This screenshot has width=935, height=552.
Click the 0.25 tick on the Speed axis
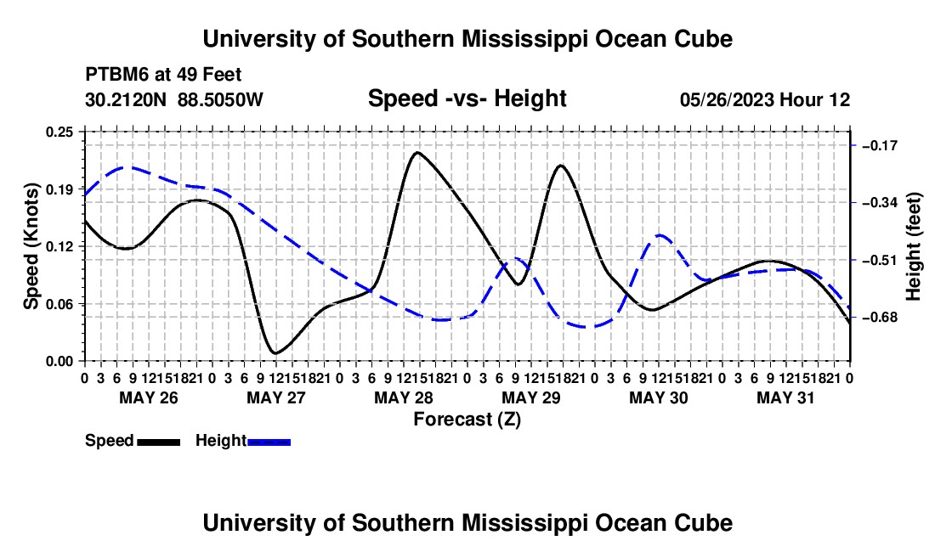59,132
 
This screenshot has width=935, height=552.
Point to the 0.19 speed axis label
59,189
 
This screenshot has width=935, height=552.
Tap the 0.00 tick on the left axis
59,362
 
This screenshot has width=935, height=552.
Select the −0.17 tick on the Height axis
881,145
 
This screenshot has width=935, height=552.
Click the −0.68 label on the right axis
881,318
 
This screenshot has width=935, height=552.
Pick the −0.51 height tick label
881,260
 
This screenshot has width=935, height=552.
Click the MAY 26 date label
149,397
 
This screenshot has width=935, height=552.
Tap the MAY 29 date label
531,397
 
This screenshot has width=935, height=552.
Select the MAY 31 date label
785,397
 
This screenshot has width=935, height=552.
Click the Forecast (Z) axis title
467,420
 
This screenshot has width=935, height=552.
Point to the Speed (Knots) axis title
31,246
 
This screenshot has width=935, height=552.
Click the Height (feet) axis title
914,246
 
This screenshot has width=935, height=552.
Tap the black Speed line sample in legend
159,442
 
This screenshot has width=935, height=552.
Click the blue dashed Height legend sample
269,442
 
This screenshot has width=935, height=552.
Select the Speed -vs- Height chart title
467,99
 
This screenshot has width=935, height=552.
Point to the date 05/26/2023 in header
726,99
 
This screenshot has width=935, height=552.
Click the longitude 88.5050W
220,99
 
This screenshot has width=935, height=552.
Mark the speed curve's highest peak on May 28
416,153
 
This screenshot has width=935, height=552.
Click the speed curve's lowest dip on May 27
275,353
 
